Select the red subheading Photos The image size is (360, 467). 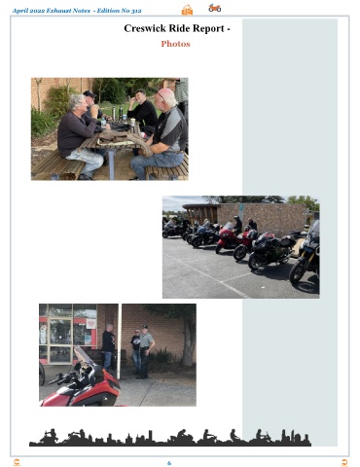[175, 44]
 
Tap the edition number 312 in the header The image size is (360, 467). [136, 11]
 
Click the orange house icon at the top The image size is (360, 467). [187, 10]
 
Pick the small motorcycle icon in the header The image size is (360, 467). [215, 8]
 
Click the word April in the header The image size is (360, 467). [20, 11]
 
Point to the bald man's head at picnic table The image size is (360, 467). [165, 97]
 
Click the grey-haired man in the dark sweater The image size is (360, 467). [79, 136]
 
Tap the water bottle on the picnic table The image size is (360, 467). [103, 123]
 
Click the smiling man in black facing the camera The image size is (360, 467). [142, 109]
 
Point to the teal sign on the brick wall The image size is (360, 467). [241, 207]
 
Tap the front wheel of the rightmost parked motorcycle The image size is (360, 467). [298, 272]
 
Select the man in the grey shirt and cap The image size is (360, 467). [146, 352]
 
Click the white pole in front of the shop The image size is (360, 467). [119, 341]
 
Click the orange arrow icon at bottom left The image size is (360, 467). [17, 462]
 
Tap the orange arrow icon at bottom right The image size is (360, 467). [344, 462]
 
